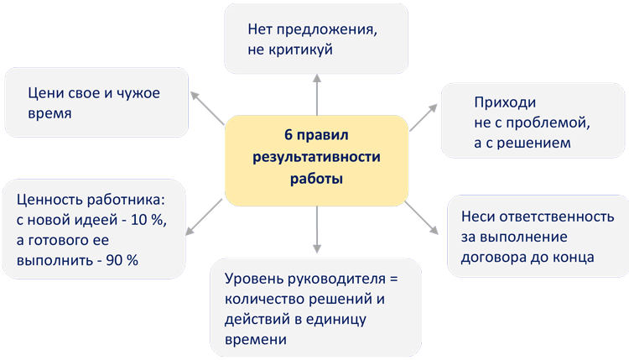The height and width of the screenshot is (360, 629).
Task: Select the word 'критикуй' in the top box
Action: pyautogui.click(x=304, y=50)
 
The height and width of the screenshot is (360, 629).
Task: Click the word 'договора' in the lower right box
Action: pyautogui.click(x=491, y=257)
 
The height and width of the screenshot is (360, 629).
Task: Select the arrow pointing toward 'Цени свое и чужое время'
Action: pyautogui.click(x=206, y=107)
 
